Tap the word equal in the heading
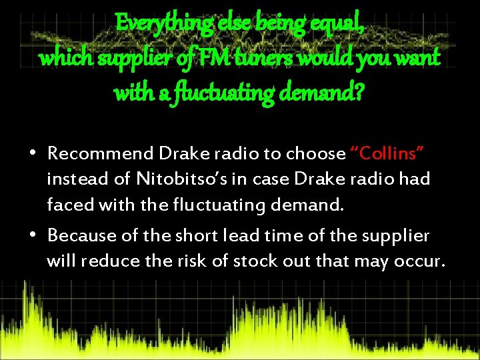click(x=339, y=25)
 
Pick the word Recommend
click(x=101, y=154)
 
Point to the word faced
click(x=69, y=205)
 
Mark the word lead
click(x=241, y=235)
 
